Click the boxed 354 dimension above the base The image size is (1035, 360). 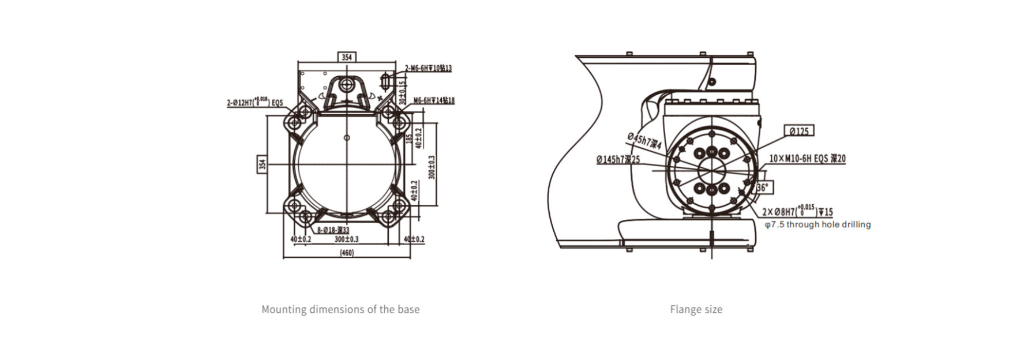point(346,57)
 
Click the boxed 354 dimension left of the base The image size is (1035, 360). point(262,164)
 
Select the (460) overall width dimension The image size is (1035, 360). point(347,253)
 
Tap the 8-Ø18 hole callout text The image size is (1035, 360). point(333,230)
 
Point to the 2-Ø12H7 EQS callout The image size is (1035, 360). point(255,103)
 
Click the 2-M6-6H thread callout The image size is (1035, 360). point(427,68)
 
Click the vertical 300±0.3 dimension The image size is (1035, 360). point(432,167)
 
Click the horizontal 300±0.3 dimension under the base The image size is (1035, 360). point(347,239)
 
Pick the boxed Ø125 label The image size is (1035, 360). point(799,132)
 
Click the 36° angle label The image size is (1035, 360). point(763,187)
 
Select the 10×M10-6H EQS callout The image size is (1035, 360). point(807,159)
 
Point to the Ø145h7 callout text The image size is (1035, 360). point(618,159)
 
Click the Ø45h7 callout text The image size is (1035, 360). point(644,141)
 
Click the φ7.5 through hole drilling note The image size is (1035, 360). point(817,224)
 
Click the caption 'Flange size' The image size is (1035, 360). point(696,309)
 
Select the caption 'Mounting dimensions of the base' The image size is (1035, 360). point(340,309)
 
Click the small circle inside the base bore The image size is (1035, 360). point(347,137)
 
